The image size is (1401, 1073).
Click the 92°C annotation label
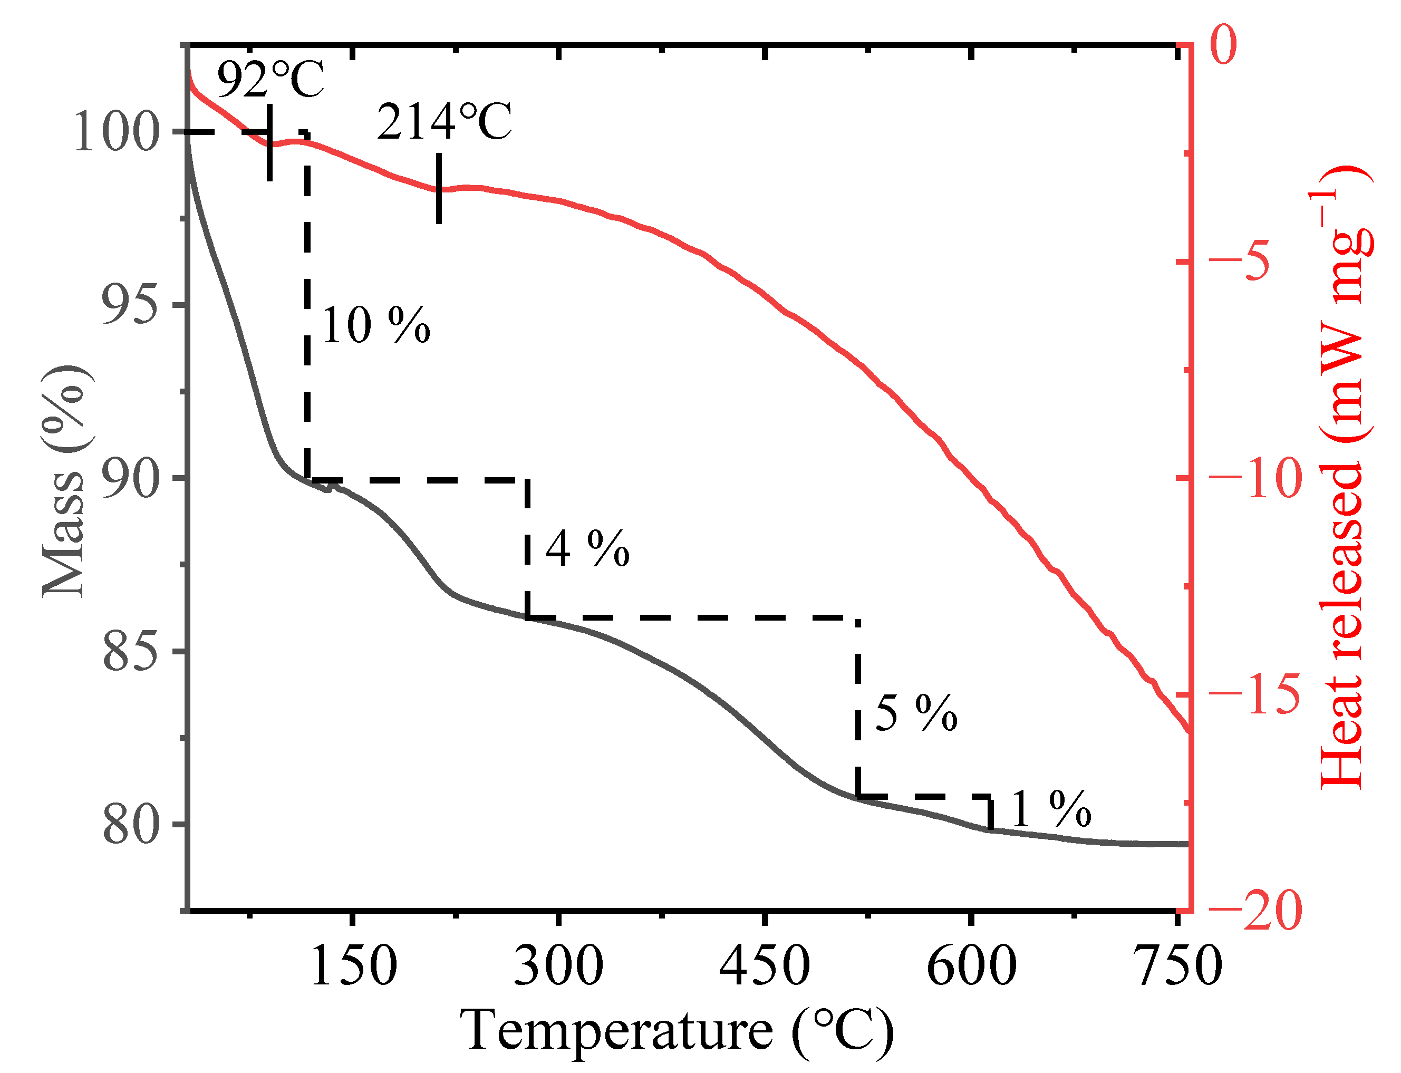pyautogui.click(x=270, y=79)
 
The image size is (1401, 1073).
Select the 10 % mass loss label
pyautogui.click(x=376, y=326)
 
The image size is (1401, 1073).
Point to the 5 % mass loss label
pyautogui.click(x=916, y=713)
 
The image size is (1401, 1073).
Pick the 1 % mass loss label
pyautogui.click(x=1051, y=809)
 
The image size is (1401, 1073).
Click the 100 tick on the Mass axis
pyautogui.click(x=115, y=132)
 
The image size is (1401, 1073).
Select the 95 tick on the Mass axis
pyautogui.click(x=130, y=305)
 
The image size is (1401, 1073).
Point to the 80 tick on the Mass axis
pyautogui.click(x=130, y=825)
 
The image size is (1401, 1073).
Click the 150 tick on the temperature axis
pyautogui.click(x=353, y=966)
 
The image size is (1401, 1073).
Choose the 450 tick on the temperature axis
pyautogui.click(x=765, y=966)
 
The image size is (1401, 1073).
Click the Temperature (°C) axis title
pyautogui.click(x=677, y=1030)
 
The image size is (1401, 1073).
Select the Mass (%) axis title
pyautogui.click(x=64, y=482)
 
